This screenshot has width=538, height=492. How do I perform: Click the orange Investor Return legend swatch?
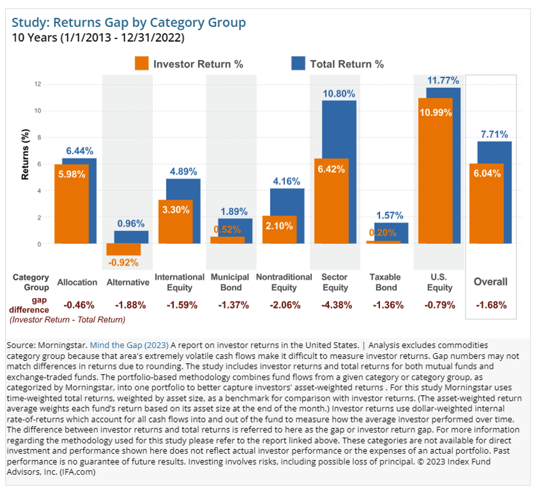(141, 64)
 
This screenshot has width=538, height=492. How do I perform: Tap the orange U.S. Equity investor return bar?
(436, 172)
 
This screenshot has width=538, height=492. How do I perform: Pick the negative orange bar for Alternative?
(124, 249)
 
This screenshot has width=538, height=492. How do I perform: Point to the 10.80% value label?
(339, 93)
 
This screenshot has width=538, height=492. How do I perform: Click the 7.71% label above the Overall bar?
(494, 134)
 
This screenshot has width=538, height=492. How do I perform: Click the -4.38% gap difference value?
(339, 304)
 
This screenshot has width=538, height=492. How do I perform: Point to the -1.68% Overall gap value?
(490, 304)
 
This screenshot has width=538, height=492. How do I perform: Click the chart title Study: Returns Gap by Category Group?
(129, 22)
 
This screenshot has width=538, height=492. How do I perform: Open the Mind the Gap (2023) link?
(129, 345)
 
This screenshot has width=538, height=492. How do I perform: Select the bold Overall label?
(490, 282)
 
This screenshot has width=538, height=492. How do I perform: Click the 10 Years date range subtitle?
(98, 39)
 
